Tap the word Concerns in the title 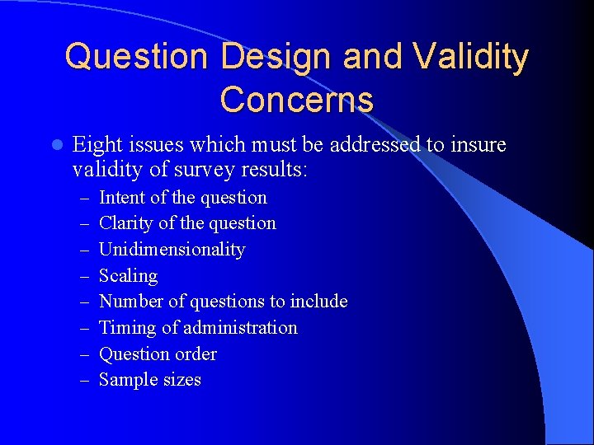[297, 99]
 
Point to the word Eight [96, 145]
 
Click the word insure [478, 145]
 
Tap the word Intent [122, 198]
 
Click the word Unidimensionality [172, 250]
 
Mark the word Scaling [128, 276]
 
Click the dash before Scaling [85, 276]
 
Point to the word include [318, 302]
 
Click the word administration [240, 328]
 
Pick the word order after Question [196, 354]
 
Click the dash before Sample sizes [85, 380]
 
